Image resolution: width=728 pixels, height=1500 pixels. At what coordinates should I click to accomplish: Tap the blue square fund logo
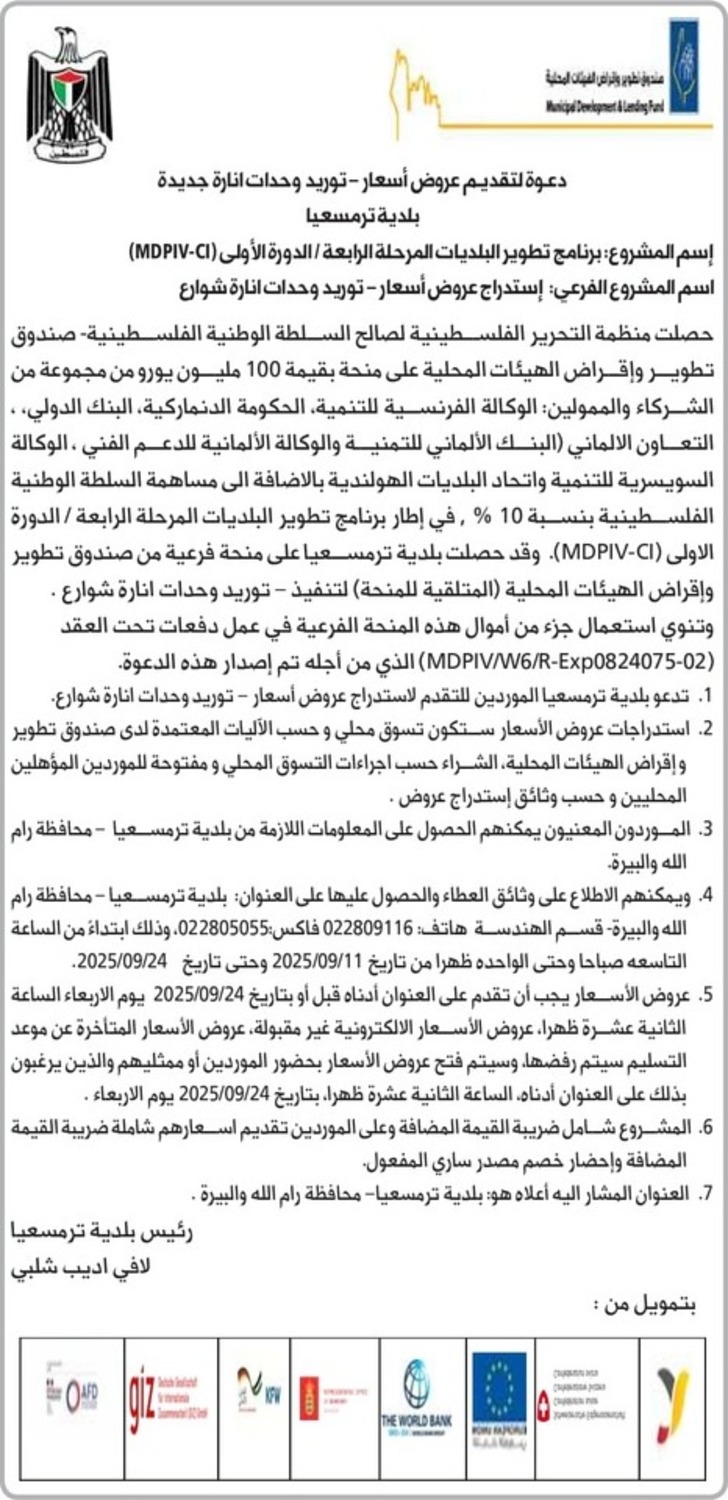(x=684, y=80)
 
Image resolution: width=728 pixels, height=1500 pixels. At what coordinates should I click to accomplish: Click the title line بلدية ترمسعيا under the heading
(x=363, y=213)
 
